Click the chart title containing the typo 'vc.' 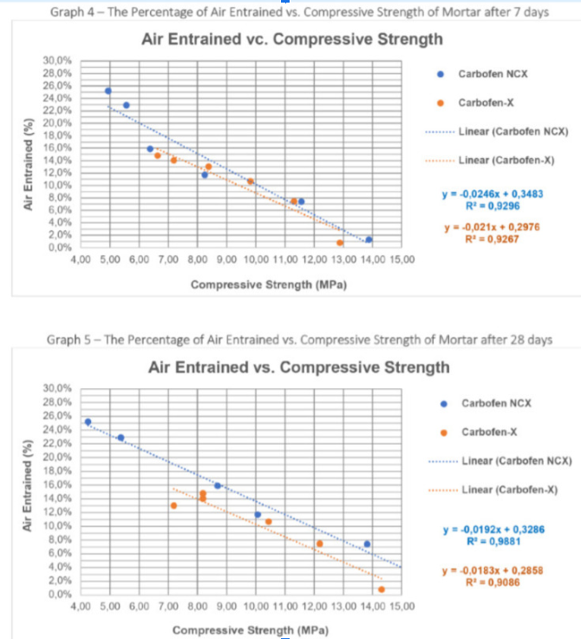[291, 39]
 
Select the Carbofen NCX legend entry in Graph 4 [493, 75]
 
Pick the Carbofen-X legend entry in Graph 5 [490, 431]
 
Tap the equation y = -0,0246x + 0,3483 [493, 194]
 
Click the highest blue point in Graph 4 [108, 90]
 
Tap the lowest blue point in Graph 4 [369, 240]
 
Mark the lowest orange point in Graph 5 [381, 590]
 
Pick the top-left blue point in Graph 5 [88, 422]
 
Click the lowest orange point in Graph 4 [340, 242]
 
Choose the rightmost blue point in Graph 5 [367, 543]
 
